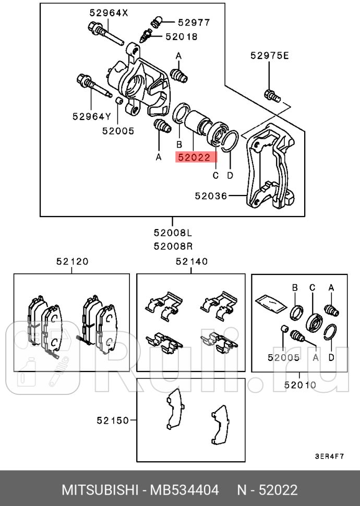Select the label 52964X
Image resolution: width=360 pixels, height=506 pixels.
[108, 13]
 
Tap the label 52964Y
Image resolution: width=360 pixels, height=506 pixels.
[92, 117]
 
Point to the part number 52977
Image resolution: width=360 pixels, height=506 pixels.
[194, 22]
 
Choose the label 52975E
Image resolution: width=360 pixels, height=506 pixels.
[269, 56]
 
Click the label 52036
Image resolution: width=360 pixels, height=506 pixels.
[211, 196]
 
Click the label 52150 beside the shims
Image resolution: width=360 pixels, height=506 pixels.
[112, 419]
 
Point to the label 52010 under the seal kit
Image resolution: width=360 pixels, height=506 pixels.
[300, 385]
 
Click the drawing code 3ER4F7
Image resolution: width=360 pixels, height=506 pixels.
[329, 455]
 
